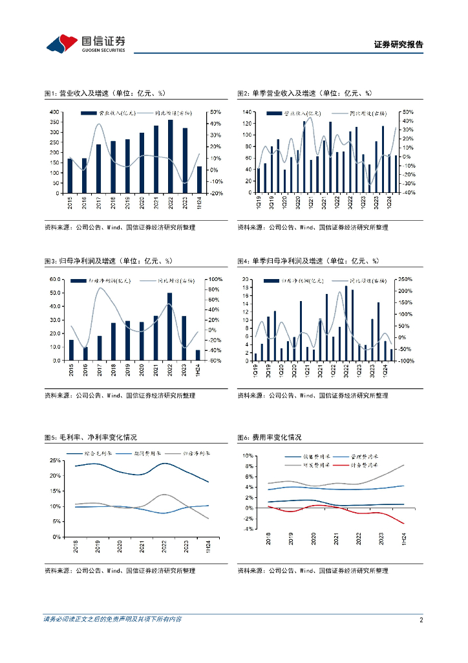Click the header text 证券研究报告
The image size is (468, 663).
tap(399, 45)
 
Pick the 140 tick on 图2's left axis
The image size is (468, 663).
tap(247, 113)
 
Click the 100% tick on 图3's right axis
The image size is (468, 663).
tap(215, 280)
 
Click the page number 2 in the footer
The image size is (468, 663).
tap(421, 620)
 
